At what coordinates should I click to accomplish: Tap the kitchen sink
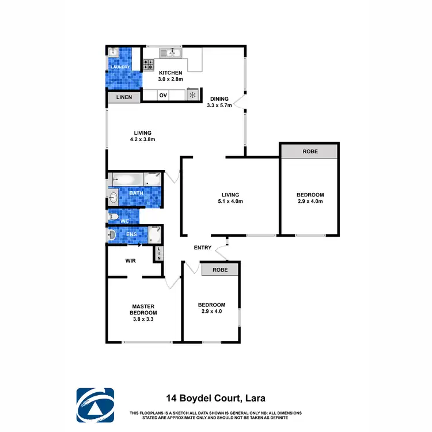(172, 54)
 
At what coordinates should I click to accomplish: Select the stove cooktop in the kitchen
(148, 64)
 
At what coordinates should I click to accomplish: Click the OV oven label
(163, 95)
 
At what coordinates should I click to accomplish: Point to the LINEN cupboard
(124, 98)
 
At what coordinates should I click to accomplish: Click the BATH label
(136, 193)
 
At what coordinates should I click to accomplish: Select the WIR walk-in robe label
(130, 260)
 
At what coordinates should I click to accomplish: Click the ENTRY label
(203, 248)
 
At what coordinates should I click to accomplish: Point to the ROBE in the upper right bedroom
(309, 151)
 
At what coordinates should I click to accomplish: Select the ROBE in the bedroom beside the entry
(219, 270)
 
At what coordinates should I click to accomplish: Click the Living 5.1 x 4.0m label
(230, 198)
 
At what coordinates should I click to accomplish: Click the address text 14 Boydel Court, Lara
(215, 397)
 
